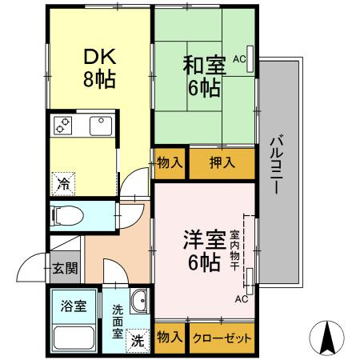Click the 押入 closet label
tap(222, 163)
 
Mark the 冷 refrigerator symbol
tap(62, 183)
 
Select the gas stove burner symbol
tap(62, 125)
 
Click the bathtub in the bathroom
tap(70, 337)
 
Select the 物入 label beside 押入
tap(170, 163)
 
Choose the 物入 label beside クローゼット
tap(170, 338)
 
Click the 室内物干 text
tap(235, 250)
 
